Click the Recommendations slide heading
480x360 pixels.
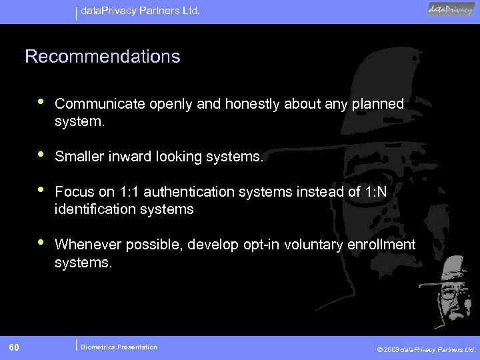click(102, 57)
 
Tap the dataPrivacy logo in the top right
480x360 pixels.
click(451, 10)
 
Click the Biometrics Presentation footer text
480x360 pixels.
click(119, 347)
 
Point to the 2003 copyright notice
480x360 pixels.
click(426, 349)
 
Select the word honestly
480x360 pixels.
click(253, 104)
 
